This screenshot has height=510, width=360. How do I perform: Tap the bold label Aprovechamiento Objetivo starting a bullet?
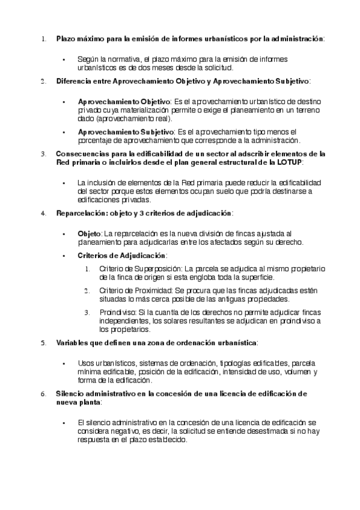click(124, 102)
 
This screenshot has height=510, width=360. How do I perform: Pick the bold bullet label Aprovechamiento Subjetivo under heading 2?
click(125, 131)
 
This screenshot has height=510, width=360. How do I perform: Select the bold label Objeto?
click(90, 233)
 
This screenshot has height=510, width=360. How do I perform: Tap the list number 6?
click(43, 393)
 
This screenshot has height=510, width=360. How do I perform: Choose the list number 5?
click(43, 342)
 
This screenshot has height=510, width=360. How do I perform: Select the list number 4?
click(43, 213)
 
